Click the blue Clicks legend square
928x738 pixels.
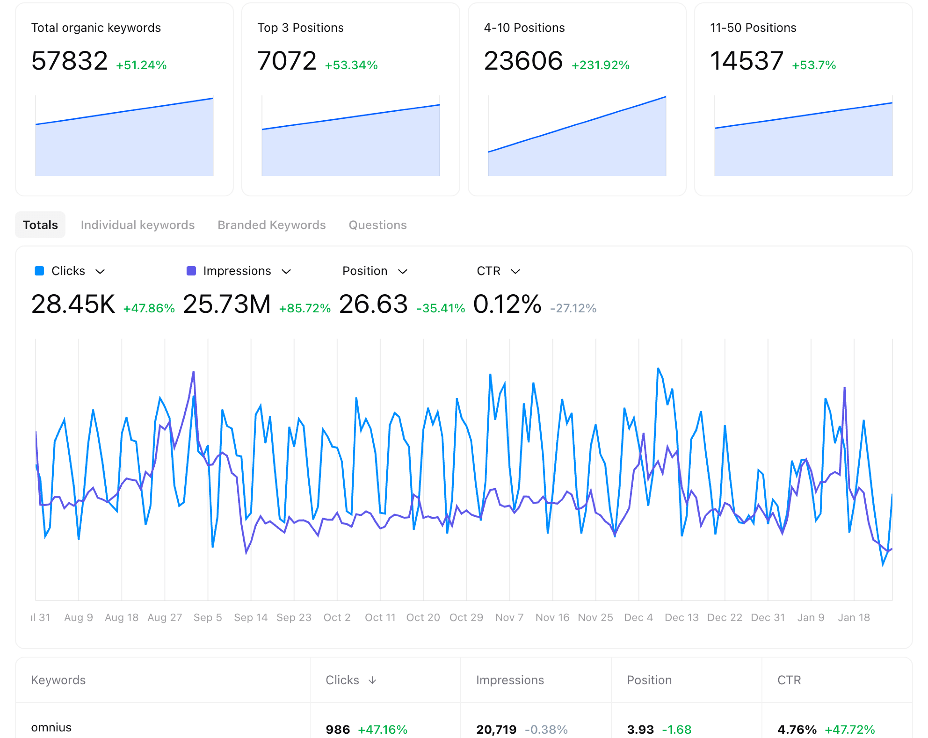tap(39, 271)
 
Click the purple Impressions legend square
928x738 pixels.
tap(191, 271)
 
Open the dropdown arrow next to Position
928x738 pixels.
tap(403, 272)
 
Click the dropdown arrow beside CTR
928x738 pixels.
tap(515, 272)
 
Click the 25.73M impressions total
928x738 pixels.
tap(227, 304)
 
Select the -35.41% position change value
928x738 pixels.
tap(440, 308)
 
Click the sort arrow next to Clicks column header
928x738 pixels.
tap(372, 680)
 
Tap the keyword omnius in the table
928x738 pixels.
tap(51, 727)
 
